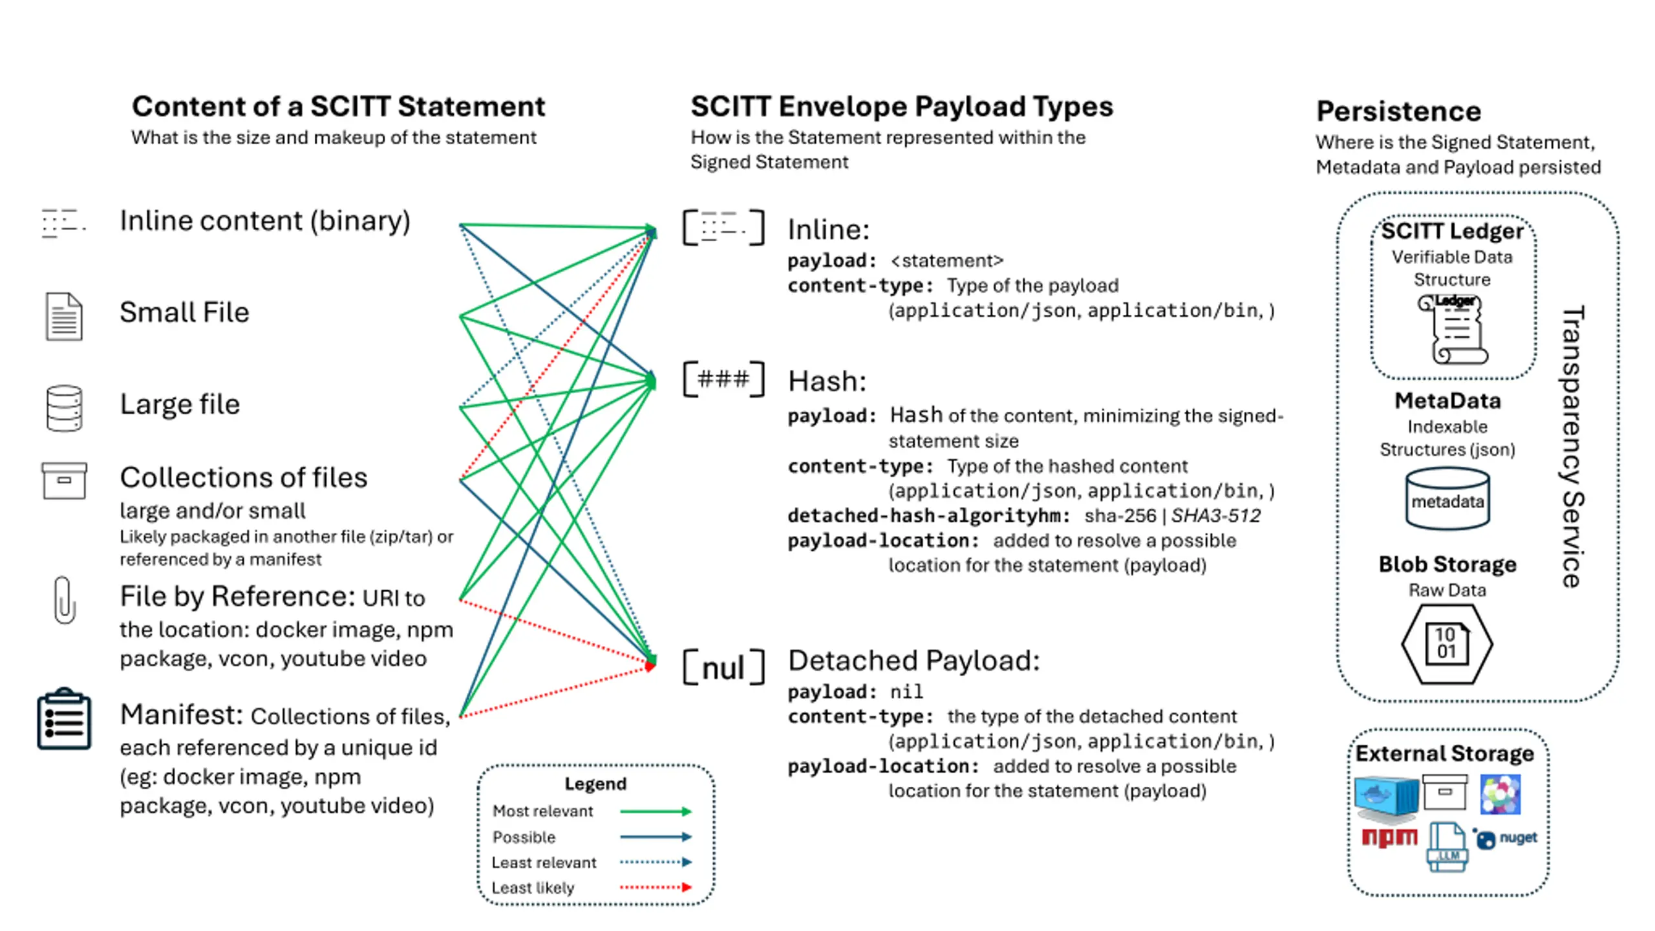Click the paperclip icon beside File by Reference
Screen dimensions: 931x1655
click(x=64, y=600)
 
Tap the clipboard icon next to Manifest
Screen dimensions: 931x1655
click(x=64, y=719)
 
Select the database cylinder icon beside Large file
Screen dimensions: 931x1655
click(x=64, y=408)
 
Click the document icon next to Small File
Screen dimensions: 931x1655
click(x=64, y=316)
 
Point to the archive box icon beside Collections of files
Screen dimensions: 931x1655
click(x=64, y=480)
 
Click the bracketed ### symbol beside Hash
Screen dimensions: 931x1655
click(x=724, y=379)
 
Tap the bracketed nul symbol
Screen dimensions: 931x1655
click(x=724, y=667)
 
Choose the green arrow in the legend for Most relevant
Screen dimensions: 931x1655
click(x=656, y=811)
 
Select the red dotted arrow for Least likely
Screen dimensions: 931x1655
click(x=656, y=888)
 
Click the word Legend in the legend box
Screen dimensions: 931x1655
click(x=595, y=784)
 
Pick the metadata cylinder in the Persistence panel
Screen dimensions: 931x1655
click(x=1447, y=500)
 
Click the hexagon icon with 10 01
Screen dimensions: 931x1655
click(x=1447, y=644)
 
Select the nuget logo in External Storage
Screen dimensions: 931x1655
click(x=1506, y=839)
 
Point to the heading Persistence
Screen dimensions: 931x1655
click(x=1398, y=111)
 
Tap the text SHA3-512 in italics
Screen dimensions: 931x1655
click(x=1215, y=515)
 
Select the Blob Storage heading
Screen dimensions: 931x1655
click(x=1447, y=564)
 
